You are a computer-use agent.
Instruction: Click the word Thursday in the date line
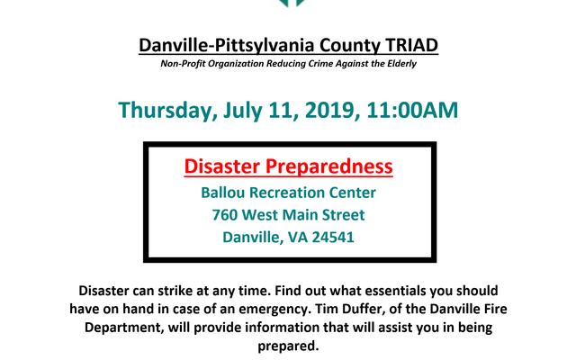point(167,110)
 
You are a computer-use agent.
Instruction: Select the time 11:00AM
point(412,110)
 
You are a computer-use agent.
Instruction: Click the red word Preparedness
point(329,166)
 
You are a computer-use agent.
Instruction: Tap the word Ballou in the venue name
point(222,193)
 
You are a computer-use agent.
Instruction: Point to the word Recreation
point(286,193)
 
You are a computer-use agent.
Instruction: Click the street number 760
point(225,215)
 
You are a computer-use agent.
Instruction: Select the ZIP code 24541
point(333,238)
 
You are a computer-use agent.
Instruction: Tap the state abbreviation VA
point(298,238)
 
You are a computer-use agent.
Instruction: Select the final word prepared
point(288,346)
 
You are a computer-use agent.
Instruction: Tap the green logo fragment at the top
point(292,4)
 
